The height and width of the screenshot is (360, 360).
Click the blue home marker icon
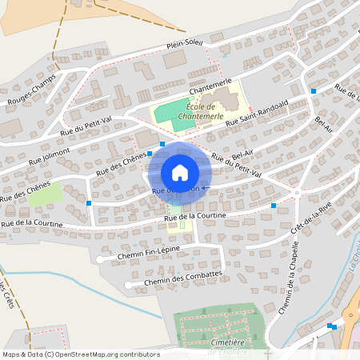pyautogui.click(x=180, y=173)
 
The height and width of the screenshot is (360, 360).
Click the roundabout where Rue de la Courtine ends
pyautogui.click(x=296, y=193)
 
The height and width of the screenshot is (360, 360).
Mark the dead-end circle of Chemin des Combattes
pyautogui.click(x=128, y=285)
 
